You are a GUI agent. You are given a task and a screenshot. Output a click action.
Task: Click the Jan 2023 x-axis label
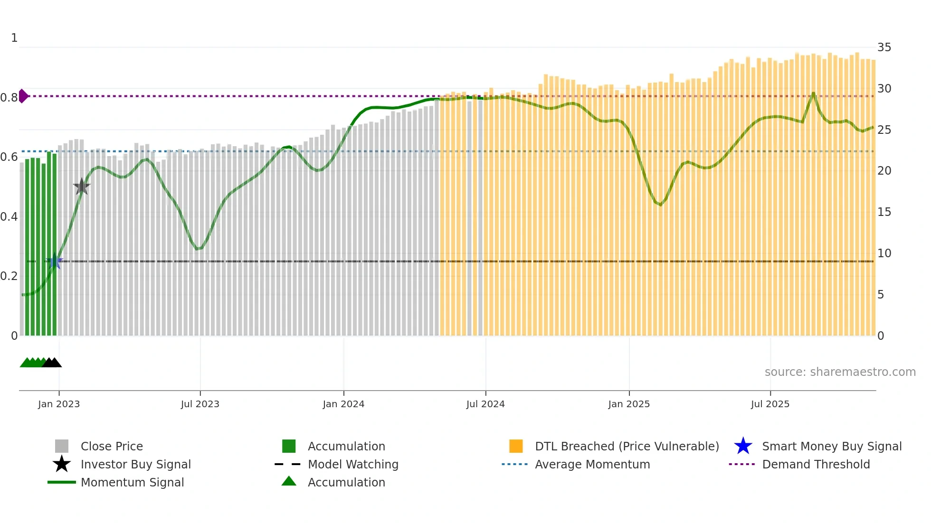[59, 404]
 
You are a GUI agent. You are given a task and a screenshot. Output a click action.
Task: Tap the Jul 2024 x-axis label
[485, 404]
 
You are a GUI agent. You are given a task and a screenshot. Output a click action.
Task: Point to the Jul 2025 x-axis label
[770, 404]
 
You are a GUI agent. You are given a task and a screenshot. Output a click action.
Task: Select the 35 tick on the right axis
[884, 47]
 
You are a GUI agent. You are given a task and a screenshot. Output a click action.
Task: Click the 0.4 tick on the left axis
[9, 217]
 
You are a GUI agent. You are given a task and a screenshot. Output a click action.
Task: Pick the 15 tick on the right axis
[884, 212]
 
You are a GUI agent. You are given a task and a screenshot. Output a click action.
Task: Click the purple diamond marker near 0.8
[23, 96]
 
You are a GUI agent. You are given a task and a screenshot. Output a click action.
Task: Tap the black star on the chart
[82, 187]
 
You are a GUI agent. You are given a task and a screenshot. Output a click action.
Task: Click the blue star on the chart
[55, 261]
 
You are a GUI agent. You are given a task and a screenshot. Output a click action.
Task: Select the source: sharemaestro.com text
[840, 372]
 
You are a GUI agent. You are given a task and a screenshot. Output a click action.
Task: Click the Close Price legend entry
[112, 446]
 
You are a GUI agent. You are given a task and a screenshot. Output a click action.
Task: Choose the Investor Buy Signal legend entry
[135, 464]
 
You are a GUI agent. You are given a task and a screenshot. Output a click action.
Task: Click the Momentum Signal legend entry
[132, 482]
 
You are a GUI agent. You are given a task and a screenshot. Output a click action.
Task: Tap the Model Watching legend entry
[353, 464]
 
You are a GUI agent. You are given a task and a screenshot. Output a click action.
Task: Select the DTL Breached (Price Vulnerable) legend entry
[627, 446]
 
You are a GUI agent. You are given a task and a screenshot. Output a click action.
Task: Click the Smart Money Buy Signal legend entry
[831, 446]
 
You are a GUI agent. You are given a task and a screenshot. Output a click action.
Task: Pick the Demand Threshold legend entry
[816, 464]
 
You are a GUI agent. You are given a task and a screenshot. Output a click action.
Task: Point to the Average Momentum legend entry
[592, 464]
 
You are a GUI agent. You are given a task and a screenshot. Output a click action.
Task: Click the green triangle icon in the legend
[289, 481]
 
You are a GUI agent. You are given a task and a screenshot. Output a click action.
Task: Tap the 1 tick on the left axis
[14, 38]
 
